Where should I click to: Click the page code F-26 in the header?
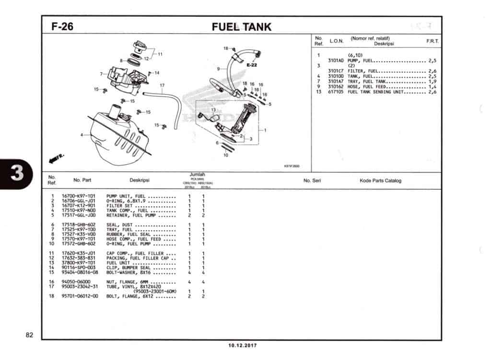(x=62, y=26)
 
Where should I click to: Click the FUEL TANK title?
(x=242, y=27)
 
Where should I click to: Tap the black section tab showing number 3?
(x=17, y=173)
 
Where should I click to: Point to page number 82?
(x=29, y=335)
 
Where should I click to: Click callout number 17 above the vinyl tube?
(x=162, y=86)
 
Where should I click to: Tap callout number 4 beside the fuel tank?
(x=82, y=135)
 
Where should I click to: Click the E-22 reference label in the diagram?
(x=252, y=65)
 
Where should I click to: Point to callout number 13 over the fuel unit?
(x=213, y=110)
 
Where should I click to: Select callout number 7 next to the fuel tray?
(x=102, y=74)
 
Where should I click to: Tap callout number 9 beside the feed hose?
(x=218, y=69)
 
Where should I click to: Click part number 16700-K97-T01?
(x=79, y=197)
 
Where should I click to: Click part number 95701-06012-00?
(x=80, y=296)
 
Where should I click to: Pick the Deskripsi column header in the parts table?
(x=140, y=181)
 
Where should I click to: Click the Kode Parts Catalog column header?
(x=380, y=181)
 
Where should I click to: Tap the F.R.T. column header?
(x=432, y=42)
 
